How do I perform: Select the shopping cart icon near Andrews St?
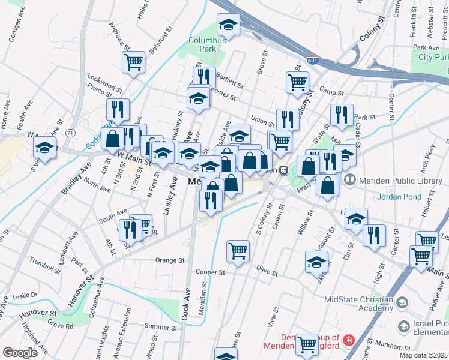coord(133,61)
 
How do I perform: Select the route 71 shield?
coord(71,132)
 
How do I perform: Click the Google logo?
coord(20,353)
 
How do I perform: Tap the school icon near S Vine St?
coord(44,147)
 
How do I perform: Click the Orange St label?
coord(169,260)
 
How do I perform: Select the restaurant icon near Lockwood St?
coord(118,109)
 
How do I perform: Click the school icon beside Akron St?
coord(317,262)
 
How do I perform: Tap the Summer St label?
coord(157,327)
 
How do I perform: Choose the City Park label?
coord(433,56)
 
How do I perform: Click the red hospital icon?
coord(348,342)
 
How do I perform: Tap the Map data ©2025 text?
coord(424,355)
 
